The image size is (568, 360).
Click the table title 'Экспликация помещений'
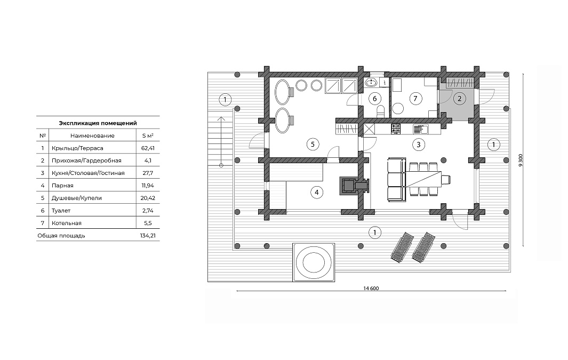[98, 123]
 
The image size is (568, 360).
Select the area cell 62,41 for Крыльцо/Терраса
[147, 148]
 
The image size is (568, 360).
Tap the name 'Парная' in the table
[63, 186]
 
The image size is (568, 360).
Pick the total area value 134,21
[148, 235]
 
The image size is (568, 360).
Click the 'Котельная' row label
[67, 223]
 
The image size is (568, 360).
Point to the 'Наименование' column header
[92, 136]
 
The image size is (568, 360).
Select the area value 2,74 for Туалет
[148, 211]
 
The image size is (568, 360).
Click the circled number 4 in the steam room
[317, 193]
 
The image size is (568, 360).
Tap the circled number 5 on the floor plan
[313, 145]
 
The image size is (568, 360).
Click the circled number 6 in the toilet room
[374, 99]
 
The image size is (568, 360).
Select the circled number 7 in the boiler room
[415, 99]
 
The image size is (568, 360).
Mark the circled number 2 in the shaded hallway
[460, 99]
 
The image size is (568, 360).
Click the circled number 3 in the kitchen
[418, 145]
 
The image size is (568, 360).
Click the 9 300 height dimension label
[521, 159]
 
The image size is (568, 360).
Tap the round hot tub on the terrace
[313, 262]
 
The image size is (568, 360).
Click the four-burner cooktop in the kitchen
[396, 129]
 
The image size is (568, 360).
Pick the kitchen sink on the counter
[421, 129]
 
